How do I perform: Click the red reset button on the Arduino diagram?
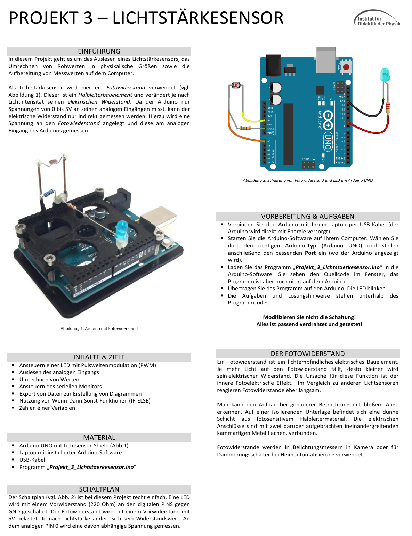coord(346,67)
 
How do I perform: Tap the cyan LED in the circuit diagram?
coord(385,75)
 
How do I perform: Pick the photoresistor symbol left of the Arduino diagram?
coord(236,85)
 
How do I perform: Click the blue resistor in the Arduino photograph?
coord(48,193)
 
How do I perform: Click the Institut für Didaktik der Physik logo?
coord(377,19)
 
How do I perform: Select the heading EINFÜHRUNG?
coord(99,51)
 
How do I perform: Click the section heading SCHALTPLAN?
coord(99,489)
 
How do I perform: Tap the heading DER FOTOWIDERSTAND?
coord(308,354)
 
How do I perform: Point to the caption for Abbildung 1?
coord(99,328)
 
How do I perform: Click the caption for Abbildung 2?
coord(308,180)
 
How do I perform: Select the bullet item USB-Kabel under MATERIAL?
coord(32,460)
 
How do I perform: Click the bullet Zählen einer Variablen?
coord(47,408)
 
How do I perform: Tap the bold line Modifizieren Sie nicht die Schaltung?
coord(309,317)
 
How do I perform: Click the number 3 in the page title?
coord(88,18)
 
